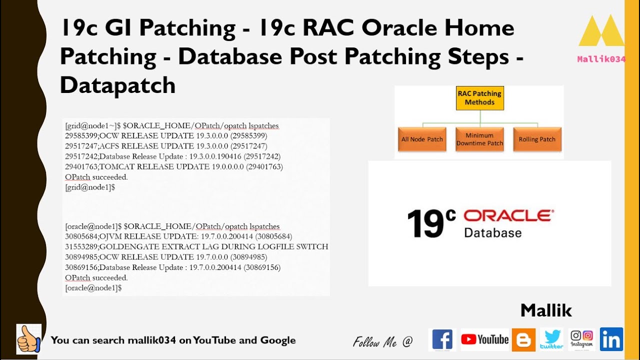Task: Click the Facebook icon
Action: pos(442,340)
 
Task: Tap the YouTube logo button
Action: pos(484,340)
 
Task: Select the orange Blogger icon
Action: pos(523,340)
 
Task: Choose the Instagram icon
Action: pos(581,338)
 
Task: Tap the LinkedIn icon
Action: pos(611,339)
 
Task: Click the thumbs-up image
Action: pos(28,339)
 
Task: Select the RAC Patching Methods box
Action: pos(479,98)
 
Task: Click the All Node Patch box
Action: pos(422,139)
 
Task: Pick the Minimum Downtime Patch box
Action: pos(479,139)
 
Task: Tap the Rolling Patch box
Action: pos(537,139)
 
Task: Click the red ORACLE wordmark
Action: pos(508,215)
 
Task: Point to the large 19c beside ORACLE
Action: pos(431,223)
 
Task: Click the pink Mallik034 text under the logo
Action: pos(601,59)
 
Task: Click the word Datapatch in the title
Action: pos(117,85)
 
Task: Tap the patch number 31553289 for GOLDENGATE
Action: pos(81,246)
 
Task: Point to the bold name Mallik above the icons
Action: pos(546,310)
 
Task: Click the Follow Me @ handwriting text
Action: pos(383,342)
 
